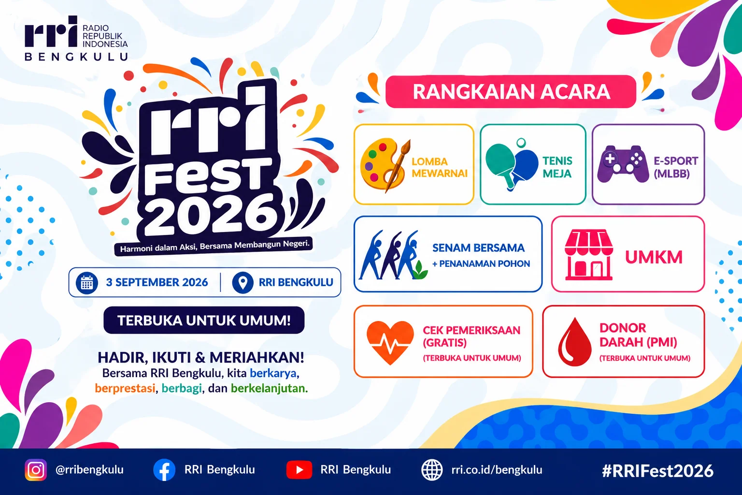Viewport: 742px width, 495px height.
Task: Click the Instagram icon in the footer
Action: tap(36, 469)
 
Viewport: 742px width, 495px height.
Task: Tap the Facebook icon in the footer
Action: tap(164, 470)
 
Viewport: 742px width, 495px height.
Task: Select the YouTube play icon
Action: tap(299, 470)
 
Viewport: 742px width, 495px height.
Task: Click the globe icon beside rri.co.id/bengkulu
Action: tap(432, 470)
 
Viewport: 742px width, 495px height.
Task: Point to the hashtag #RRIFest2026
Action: tap(657, 471)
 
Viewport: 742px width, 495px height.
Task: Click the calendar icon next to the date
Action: tap(87, 283)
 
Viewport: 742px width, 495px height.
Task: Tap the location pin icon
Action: tap(243, 283)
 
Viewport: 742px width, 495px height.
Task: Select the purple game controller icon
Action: tap(623, 164)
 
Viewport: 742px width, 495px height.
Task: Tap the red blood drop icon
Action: tap(574, 342)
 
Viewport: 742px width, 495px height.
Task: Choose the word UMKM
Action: tap(654, 257)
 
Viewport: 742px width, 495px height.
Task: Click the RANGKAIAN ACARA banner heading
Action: tap(511, 91)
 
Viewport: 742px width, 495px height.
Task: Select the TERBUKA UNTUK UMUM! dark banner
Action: tap(204, 320)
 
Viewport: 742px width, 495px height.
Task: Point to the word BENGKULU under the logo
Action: tap(76, 57)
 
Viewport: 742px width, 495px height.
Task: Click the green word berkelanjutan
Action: tap(269, 389)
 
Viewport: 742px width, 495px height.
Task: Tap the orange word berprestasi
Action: tap(125, 389)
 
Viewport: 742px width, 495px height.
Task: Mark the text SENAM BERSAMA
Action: tap(478, 248)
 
